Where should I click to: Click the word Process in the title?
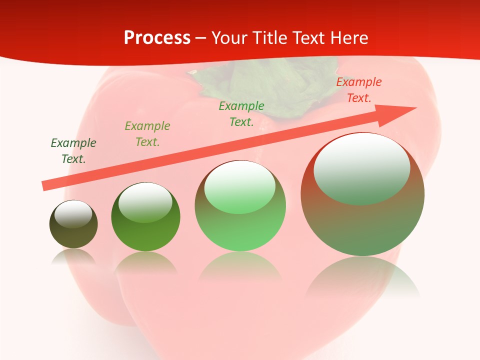point(157,38)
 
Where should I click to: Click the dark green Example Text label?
point(73,150)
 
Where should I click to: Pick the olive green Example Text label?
point(147,133)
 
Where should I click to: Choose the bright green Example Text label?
point(241,113)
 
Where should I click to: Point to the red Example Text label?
point(359,89)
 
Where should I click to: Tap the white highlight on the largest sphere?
point(362,167)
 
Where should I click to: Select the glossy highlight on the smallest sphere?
point(73,213)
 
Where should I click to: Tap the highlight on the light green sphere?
point(240,186)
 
